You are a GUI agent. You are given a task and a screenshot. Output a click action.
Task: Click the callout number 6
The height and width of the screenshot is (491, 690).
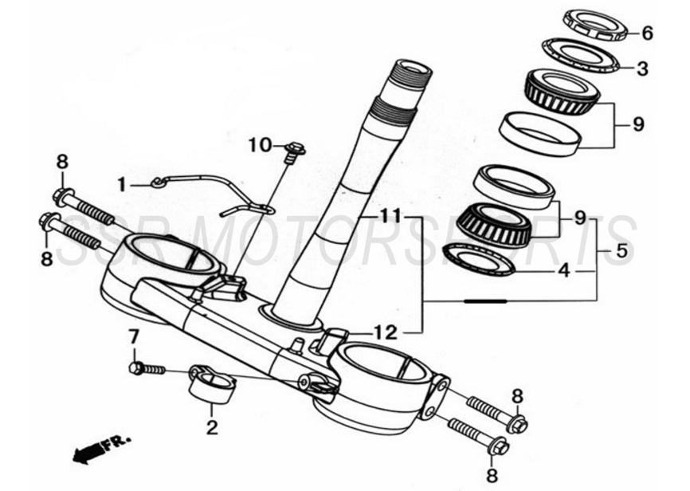click(647, 33)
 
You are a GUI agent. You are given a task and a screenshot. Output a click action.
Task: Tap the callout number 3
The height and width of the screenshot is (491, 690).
click(643, 69)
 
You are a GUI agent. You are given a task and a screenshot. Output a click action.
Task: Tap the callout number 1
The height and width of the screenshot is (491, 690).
click(122, 185)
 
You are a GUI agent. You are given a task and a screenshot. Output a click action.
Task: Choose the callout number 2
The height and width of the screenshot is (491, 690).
click(212, 427)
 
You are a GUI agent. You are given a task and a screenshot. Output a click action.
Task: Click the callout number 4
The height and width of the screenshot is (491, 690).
click(563, 271)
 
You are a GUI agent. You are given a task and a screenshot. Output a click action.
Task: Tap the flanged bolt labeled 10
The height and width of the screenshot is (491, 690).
click(294, 149)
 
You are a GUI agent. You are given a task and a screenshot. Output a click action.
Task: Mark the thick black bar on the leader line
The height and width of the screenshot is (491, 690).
click(485, 301)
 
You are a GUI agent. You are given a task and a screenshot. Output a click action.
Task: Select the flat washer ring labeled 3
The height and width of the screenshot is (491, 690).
click(581, 56)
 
